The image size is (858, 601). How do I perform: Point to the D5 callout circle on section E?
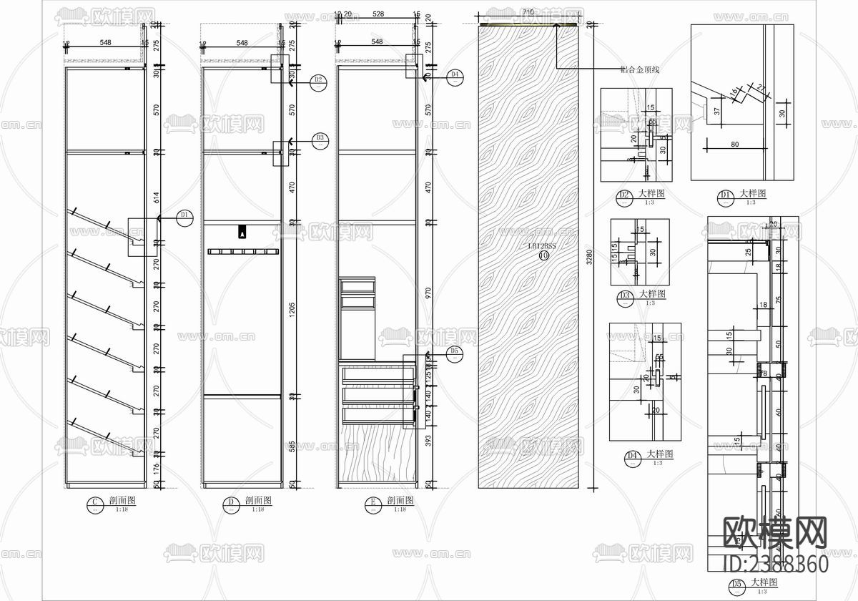453,353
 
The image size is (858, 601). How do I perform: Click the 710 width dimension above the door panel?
528,13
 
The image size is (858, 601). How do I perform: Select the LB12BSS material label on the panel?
542,245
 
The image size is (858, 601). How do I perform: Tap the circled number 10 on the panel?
543,255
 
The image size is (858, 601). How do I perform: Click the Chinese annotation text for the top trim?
640,70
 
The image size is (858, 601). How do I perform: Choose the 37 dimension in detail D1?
716,112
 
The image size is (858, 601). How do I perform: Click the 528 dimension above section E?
378,14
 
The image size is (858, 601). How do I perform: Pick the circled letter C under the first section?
93,504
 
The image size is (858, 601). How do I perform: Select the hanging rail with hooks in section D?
243,251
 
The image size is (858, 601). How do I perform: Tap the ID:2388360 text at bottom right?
776,564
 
